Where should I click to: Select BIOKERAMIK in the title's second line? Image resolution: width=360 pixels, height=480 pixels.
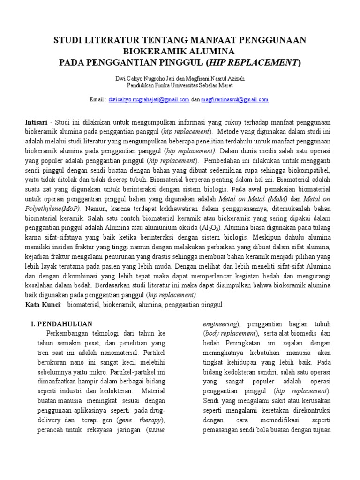pos(150,51)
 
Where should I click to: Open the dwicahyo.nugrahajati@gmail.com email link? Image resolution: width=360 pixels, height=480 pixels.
pos(149,99)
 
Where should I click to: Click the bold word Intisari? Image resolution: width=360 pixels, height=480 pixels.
pos(36,121)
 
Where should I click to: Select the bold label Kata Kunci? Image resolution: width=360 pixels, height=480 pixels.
pos(43,304)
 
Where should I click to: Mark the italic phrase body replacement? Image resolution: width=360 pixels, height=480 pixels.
pos(230,333)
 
